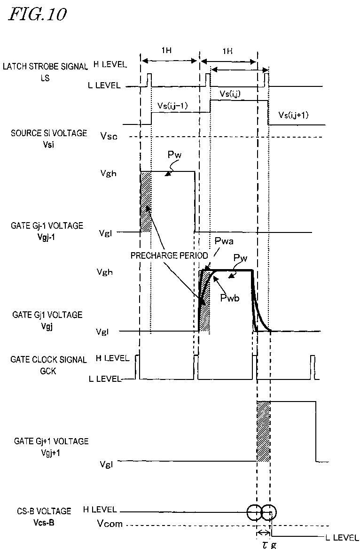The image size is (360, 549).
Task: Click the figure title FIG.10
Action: coord(37,14)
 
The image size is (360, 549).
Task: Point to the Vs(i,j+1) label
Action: coord(293,115)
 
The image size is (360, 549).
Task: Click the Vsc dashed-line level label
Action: coord(109,137)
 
